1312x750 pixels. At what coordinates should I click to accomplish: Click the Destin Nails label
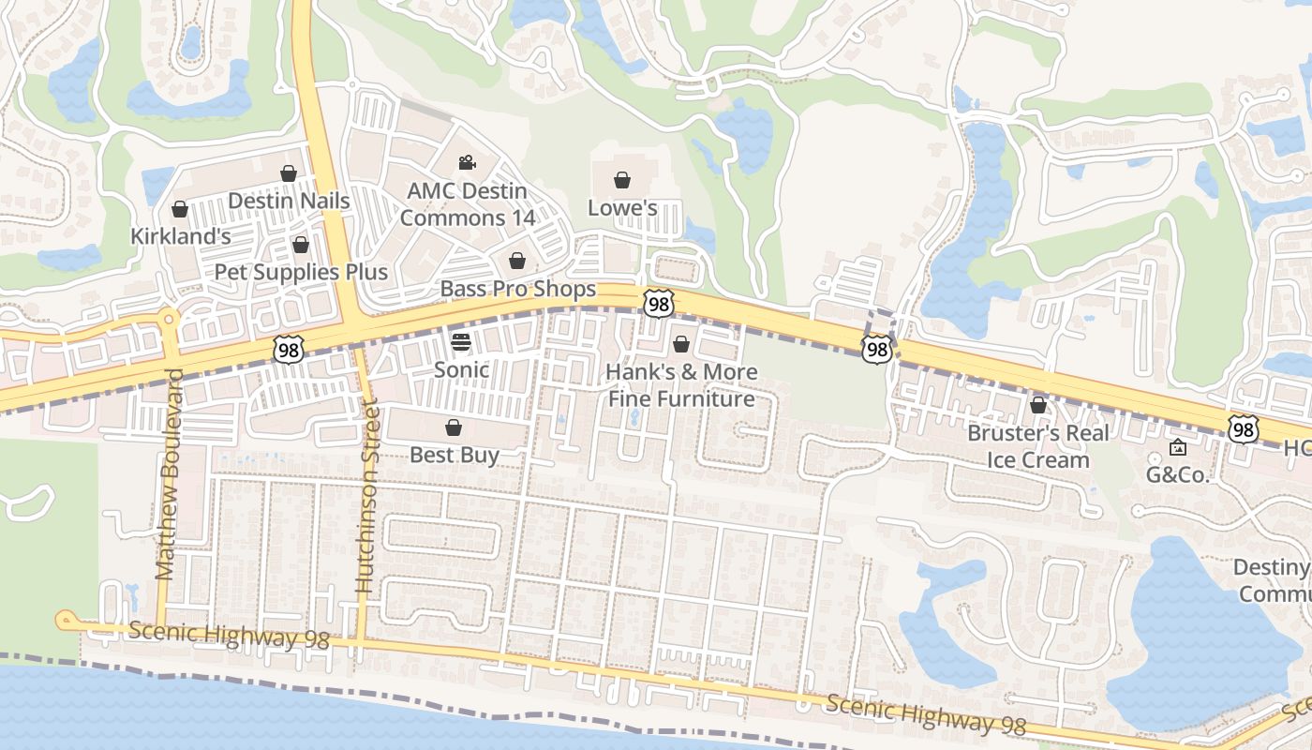pyautogui.click(x=289, y=201)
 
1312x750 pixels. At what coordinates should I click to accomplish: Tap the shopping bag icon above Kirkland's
pyautogui.click(x=179, y=209)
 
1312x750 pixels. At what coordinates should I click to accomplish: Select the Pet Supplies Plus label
pyautogui.click(x=301, y=272)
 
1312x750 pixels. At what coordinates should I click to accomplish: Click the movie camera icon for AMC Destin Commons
pyautogui.click(x=467, y=163)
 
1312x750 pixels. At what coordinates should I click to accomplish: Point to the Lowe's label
pyautogui.click(x=622, y=207)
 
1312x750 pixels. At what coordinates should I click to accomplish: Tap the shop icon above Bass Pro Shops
pyautogui.click(x=516, y=261)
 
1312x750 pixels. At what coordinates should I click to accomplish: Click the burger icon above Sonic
pyautogui.click(x=460, y=342)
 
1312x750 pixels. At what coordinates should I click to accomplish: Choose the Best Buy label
pyautogui.click(x=455, y=455)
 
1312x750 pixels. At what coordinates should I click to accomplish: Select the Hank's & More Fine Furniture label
pyautogui.click(x=680, y=385)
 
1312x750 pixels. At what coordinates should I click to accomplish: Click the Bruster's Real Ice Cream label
pyautogui.click(x=1037, y=446)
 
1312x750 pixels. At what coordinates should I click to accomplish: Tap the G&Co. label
pyautogui.click(x=1178, y=475)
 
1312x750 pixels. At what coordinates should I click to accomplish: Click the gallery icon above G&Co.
pyautogui.click(x=1178, y=448)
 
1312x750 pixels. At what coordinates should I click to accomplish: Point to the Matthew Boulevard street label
pyautogui.click(x=166, y=473)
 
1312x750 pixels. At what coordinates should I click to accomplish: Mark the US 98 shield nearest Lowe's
pyautogui.click(x=659, y=303)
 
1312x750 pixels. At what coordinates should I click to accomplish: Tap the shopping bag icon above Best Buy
pyautogui.click(x=454, y=427)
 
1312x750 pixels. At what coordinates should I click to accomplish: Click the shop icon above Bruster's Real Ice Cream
pyautogui.click(x=1037, y=405)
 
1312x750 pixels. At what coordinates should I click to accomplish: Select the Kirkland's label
pyautogui.click(x=181, y=236)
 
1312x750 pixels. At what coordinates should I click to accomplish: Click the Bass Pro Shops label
pyautogui.click(x=518, y=289)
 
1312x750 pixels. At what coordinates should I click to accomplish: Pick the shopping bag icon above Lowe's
pyautogui.click(x=621, y=180)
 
